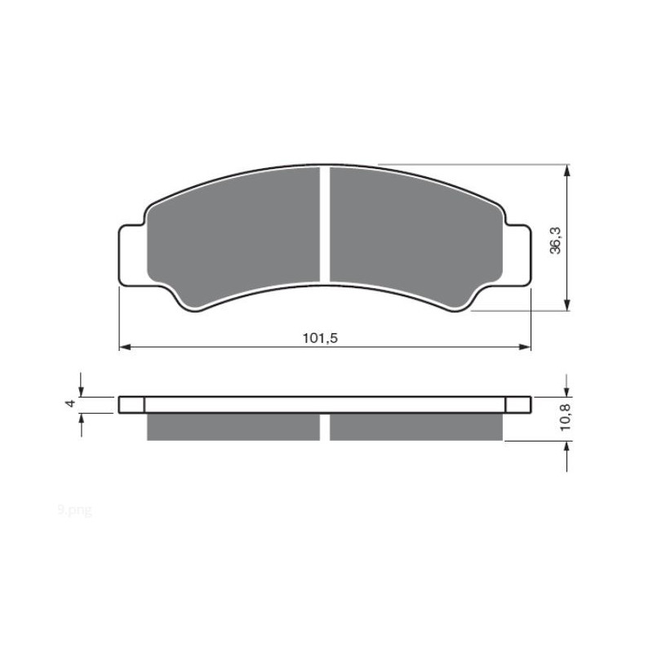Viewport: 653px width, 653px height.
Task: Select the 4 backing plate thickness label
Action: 72,404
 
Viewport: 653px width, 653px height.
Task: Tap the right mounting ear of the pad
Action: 518,255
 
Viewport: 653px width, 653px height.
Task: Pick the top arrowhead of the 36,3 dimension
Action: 567,170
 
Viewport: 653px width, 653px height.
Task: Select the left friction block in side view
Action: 233,427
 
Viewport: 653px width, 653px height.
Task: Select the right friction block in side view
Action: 416,427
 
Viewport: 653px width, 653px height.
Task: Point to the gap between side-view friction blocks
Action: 324,427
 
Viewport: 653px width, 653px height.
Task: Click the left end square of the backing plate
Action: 131,405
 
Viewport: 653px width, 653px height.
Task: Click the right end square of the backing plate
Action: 518,405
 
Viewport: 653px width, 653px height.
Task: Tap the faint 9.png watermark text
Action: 75,510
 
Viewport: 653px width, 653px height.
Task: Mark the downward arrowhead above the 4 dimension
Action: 80,391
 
